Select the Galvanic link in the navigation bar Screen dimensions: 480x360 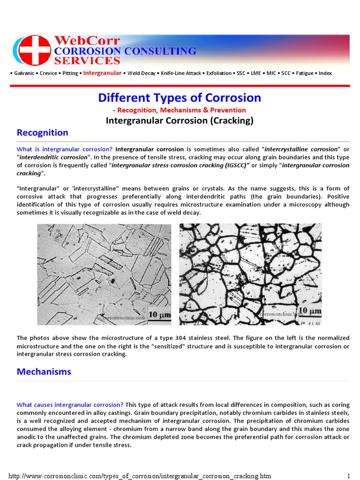pos(23,73)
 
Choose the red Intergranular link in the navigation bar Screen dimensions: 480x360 pos(102,73)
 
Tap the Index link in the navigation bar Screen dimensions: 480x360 pos(325,73)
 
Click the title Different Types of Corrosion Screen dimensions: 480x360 pos(180,97)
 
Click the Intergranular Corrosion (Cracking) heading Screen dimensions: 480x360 pos(180,121)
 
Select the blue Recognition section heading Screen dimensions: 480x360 pos(43,133)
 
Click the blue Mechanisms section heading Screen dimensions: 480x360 pos(44,372)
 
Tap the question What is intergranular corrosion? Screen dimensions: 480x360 pos(65,149)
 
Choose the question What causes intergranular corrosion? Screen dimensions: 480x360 pos(70,405)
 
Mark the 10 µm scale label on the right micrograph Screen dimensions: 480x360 pos(309,310)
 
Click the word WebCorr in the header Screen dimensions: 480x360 pos(88,41)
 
